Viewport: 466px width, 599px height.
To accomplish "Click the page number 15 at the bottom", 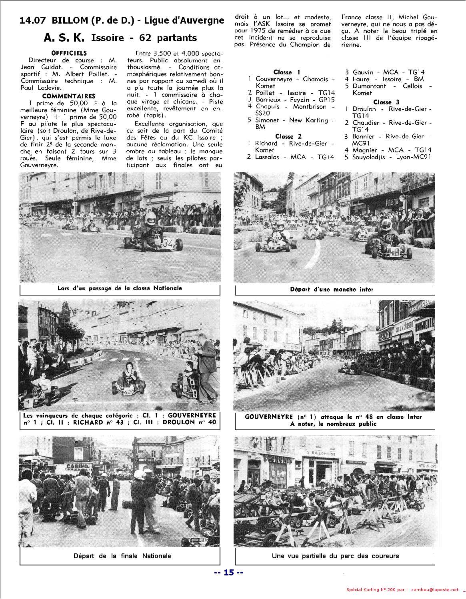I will (228, 572).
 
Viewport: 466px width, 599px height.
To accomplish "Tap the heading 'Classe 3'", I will (386, 102).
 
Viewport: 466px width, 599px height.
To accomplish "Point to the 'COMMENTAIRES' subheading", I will (69, 96).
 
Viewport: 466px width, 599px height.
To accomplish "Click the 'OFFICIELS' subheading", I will (69, 53).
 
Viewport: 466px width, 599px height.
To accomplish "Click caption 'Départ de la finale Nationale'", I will (122, 556).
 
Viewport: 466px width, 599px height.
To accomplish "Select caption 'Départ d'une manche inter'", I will (332, 289).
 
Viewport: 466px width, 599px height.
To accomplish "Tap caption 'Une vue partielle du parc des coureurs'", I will (335, 556).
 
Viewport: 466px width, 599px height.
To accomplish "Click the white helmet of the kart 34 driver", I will (150, 218).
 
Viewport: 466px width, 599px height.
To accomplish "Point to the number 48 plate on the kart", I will (394, 251).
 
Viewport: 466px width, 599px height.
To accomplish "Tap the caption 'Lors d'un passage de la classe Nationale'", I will (120, 288).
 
